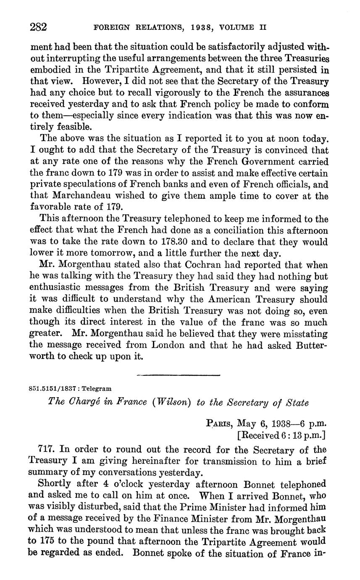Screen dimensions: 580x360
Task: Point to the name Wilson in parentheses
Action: click(171, 403)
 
